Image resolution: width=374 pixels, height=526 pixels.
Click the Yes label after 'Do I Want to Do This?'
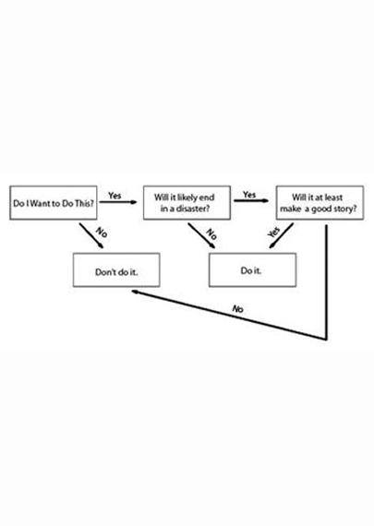(x=115, y=196)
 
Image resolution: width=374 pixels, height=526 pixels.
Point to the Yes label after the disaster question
(x=249, y=194)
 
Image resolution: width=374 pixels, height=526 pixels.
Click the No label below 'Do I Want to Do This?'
(x=102, y=233)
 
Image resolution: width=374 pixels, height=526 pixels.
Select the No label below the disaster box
(x=211, y=233)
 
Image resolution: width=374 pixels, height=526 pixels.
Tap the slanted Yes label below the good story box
(x=274, y=233)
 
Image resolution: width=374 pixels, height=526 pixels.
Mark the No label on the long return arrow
(x=237, y=308)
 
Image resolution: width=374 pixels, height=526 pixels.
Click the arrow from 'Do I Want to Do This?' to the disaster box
(x=118, y=202)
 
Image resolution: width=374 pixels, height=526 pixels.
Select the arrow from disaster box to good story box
(x=251, y=200)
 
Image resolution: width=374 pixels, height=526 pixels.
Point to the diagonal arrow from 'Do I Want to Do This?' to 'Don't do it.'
(x=91, y=236)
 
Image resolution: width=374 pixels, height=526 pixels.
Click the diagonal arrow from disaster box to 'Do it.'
(x=201, y=236)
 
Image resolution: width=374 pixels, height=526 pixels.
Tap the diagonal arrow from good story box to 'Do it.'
(x=282, y=236)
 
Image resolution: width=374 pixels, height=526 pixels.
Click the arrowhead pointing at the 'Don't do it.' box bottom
(x=135, y=292)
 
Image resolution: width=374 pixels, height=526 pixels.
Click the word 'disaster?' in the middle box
(x=193, y=209)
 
